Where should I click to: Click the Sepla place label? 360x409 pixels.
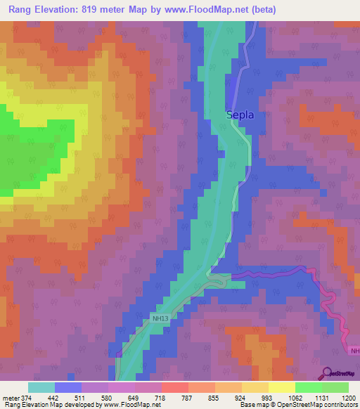[239, 114]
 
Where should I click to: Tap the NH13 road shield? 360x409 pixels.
[160, 318]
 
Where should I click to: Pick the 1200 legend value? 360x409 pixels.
[349, 397]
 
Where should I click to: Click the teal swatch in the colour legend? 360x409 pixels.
[41, 387]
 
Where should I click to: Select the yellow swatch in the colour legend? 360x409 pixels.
[281, 387]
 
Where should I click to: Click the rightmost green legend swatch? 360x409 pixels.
[335, 387]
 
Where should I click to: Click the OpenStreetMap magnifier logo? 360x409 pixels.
[326, 372]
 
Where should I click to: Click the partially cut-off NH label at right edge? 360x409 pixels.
[354, 349]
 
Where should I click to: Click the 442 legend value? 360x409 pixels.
[53, 397]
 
